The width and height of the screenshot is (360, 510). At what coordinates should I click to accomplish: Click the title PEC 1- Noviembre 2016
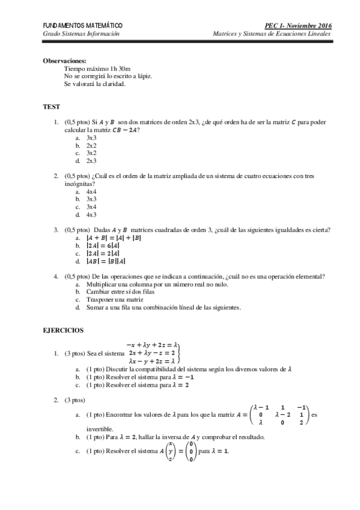pyautogui.click(x=298, y=26)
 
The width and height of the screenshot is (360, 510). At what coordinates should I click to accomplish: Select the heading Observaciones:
pyautogui.click(x=64, y=61)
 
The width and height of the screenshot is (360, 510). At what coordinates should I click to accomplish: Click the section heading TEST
pyautogui.click(x=51, y=106)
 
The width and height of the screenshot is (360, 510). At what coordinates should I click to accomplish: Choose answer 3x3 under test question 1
pyautogui.click(x=91, y=138)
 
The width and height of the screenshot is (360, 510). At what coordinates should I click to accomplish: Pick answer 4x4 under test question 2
pyautogui.click(x=91, y=191)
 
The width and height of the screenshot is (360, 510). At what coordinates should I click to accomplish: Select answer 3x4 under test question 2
pyautogui.click(x=91, y=207)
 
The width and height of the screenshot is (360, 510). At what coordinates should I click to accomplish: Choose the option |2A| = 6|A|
pyautogui.click(x=103, y=246)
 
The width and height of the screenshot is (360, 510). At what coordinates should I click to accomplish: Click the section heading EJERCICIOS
pyautogui.click(x=63, y=330)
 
